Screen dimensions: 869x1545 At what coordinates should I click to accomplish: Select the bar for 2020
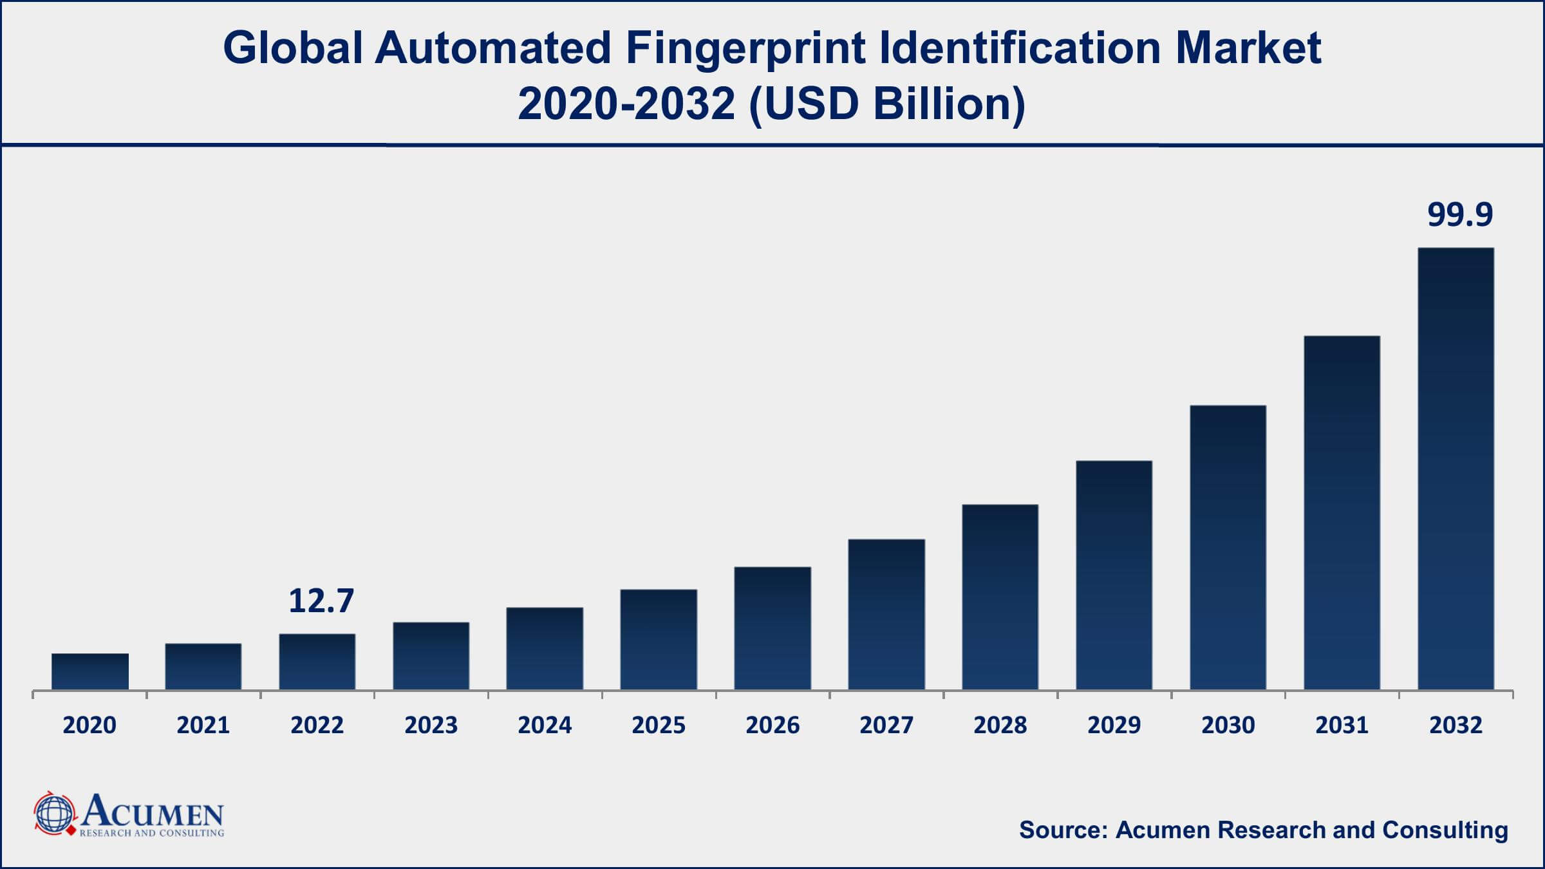[90, 671]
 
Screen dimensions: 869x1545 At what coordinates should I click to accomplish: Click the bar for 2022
[317, 662]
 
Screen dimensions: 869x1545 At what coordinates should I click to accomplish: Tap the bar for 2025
[659, 639]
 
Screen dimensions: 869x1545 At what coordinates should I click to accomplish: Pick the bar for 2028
[1000, 597]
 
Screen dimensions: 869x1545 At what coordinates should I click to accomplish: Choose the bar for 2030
[1228, 547]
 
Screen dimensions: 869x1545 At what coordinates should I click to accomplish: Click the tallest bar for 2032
[1456, 469]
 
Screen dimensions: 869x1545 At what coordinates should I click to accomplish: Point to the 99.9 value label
[1459, 214]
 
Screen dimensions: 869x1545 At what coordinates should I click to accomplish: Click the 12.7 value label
[321, 601]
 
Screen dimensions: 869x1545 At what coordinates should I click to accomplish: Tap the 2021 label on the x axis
[203, 725]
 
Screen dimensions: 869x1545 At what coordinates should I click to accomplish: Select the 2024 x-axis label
[545, 725]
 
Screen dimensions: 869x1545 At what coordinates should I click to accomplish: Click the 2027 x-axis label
[886, 725]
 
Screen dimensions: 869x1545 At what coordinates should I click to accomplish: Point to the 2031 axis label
[1342, 725]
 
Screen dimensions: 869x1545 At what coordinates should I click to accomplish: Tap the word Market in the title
[1248, 48]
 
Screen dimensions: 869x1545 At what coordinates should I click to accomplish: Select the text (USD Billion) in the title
[887, 104]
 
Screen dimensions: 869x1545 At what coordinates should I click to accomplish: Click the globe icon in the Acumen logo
[53, 814]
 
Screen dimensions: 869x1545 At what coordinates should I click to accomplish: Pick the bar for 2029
[1114, 575]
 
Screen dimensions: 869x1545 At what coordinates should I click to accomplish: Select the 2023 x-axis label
[431, 725]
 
